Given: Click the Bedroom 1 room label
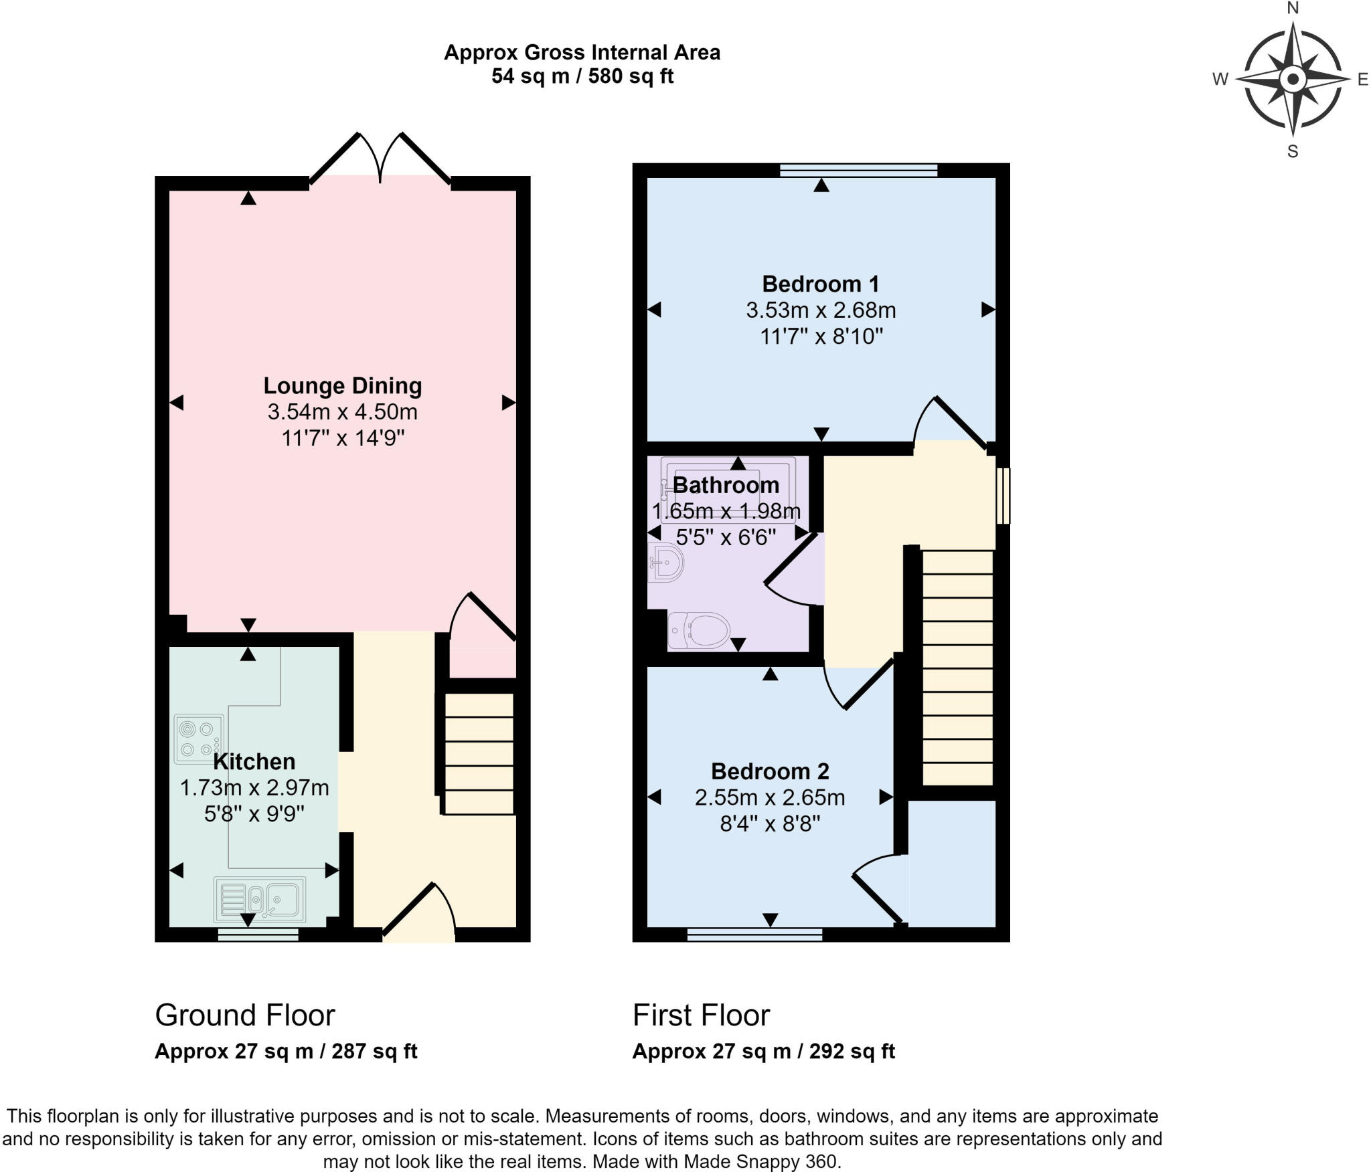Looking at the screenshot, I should pyautogui.click(x=820, y=284).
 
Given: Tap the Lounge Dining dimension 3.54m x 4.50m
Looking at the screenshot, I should pyautogui.click(x=342, y=412).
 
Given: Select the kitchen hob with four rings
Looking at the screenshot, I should pyautogui.click(x=199, y=739).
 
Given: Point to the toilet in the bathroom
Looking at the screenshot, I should pyautogui.click(x=698, y=630).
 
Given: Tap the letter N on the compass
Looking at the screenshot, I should pyautogui.click(x=1293, y=8).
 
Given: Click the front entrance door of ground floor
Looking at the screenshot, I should pyautogui.click(x=418, y=913).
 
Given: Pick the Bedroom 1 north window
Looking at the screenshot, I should pyautogui.click(x=858, y=171).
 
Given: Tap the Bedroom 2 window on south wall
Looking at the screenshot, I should pyautogui.click(x=754, y=935).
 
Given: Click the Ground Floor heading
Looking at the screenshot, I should pyautogui.click(x=244, y=1015).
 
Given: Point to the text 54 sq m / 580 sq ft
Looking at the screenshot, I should pyautogui.click(x=582, y=76).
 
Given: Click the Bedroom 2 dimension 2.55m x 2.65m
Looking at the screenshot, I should pyautogui.click(x=770, y=797).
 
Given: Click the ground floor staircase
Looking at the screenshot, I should pyautogui.click(x=479, y=754).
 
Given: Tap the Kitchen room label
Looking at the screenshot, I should pyautogui.click(x=254, y=761).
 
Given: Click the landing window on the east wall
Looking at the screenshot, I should pyautogui.click(x=1002, y=496).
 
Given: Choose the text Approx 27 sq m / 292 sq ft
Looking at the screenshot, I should pyautogui.click(x=763, y=1052).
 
